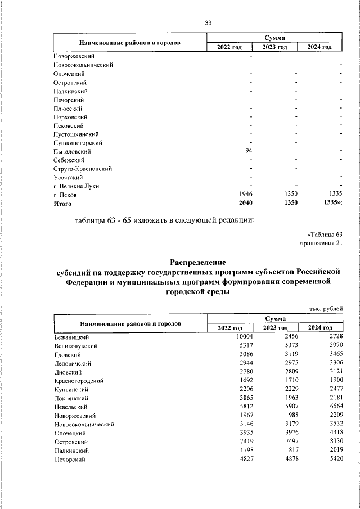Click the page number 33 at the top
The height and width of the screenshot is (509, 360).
(208, 22)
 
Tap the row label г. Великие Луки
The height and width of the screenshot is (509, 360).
(76, 186)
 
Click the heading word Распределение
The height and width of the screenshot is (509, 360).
(197, 262)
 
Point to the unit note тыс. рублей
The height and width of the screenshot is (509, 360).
(326, 308)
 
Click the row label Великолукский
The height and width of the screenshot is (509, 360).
(76, 346)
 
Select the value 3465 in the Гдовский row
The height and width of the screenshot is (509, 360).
(333, 355)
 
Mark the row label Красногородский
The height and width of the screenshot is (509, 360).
(79, 381)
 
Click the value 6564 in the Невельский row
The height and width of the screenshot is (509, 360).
(333, 407)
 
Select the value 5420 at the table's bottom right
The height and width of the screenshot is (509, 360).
(333, 459)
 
